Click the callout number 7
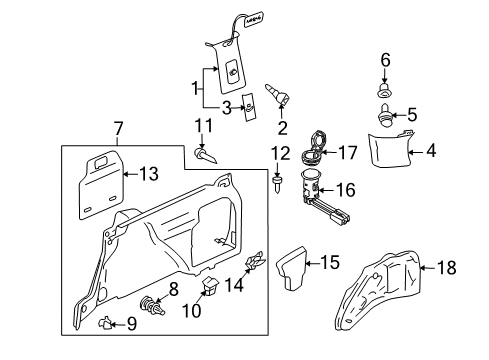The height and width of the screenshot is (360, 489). [118, 129]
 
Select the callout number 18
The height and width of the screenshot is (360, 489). [446, 268]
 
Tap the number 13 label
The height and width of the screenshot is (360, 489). [148, 174]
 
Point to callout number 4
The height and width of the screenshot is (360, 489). [431, 151]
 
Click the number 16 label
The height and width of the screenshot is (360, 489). [346, 190]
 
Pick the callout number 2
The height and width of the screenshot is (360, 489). [282, 128]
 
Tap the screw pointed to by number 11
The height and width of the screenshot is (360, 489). [205, 155]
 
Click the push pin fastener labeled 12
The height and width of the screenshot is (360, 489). [277, 186]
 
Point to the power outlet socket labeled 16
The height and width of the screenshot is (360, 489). [325, 201]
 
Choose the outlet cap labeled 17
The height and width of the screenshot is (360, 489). [314, 147]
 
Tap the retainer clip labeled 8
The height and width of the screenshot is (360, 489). [152, 305]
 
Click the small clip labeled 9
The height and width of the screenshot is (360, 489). [104, 323]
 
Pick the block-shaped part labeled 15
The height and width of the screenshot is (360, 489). [291, 268]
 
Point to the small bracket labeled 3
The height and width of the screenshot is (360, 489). [249, 106]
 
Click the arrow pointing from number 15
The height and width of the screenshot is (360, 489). [312, 263]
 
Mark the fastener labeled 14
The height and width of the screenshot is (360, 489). [254, 261]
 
